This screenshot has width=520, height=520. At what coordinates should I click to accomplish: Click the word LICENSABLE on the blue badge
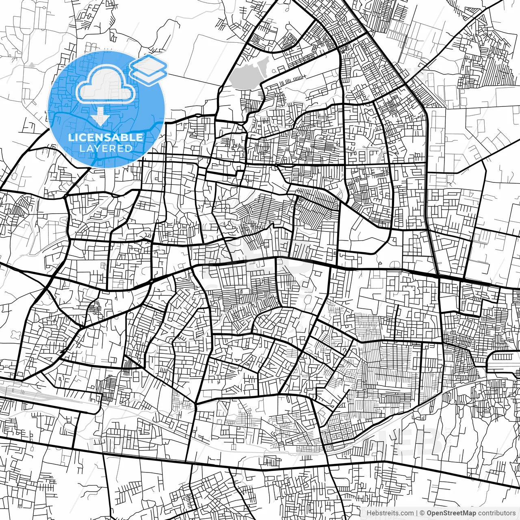point(106,137)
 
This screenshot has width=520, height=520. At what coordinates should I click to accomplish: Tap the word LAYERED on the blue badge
point(106,148)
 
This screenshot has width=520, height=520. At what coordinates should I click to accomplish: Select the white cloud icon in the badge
point(106,84)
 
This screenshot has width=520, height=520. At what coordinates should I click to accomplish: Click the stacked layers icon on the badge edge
point(149,70)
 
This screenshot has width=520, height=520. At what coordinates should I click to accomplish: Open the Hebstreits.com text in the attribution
point(390,513)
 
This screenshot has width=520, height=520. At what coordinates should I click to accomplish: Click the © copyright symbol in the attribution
point(422,513)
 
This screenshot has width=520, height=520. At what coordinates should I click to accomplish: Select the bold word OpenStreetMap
point(451,513)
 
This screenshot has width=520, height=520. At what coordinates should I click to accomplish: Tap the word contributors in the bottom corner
point(496,513)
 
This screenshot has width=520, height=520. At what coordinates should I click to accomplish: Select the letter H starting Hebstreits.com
point(368,513)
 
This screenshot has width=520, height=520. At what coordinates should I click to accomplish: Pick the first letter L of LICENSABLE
point(70,137)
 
